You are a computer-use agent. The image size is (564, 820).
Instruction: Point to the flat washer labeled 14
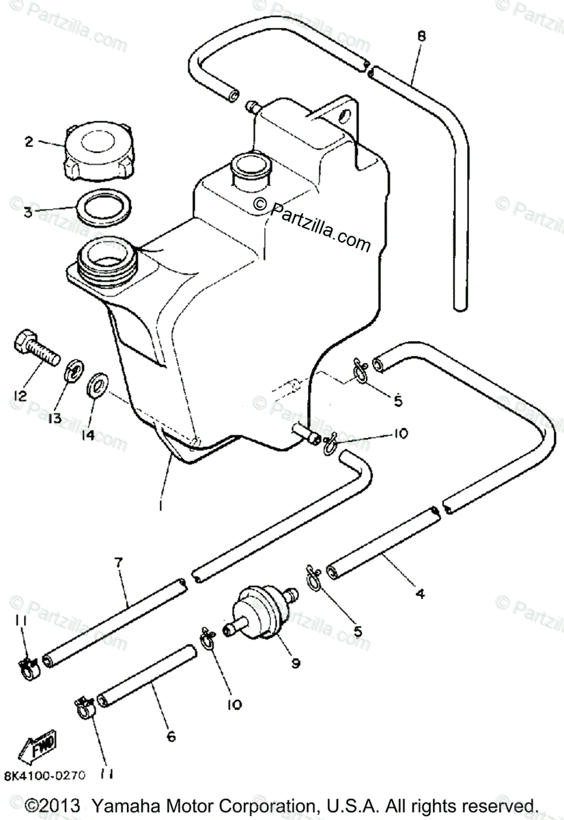[x=98, y=385]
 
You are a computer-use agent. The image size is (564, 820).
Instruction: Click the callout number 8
[x=421, y=36]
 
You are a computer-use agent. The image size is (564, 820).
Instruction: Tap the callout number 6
[x=171, y=736]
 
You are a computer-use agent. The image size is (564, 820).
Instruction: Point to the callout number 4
[x=421, y=594]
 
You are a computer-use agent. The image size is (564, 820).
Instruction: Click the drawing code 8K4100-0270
[x=46, y=775]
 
